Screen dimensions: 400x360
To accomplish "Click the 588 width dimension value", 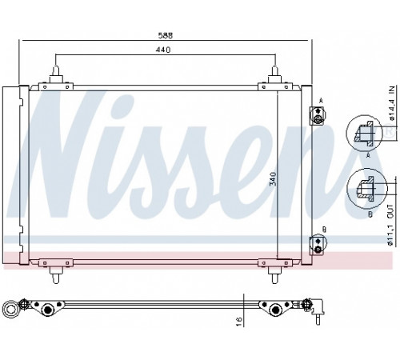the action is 166,35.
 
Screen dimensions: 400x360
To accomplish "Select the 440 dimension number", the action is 162,50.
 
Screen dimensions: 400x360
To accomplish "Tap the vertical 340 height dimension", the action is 273,178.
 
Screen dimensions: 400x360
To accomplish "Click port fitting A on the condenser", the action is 318,115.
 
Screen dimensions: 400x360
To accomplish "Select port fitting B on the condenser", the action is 318,245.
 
